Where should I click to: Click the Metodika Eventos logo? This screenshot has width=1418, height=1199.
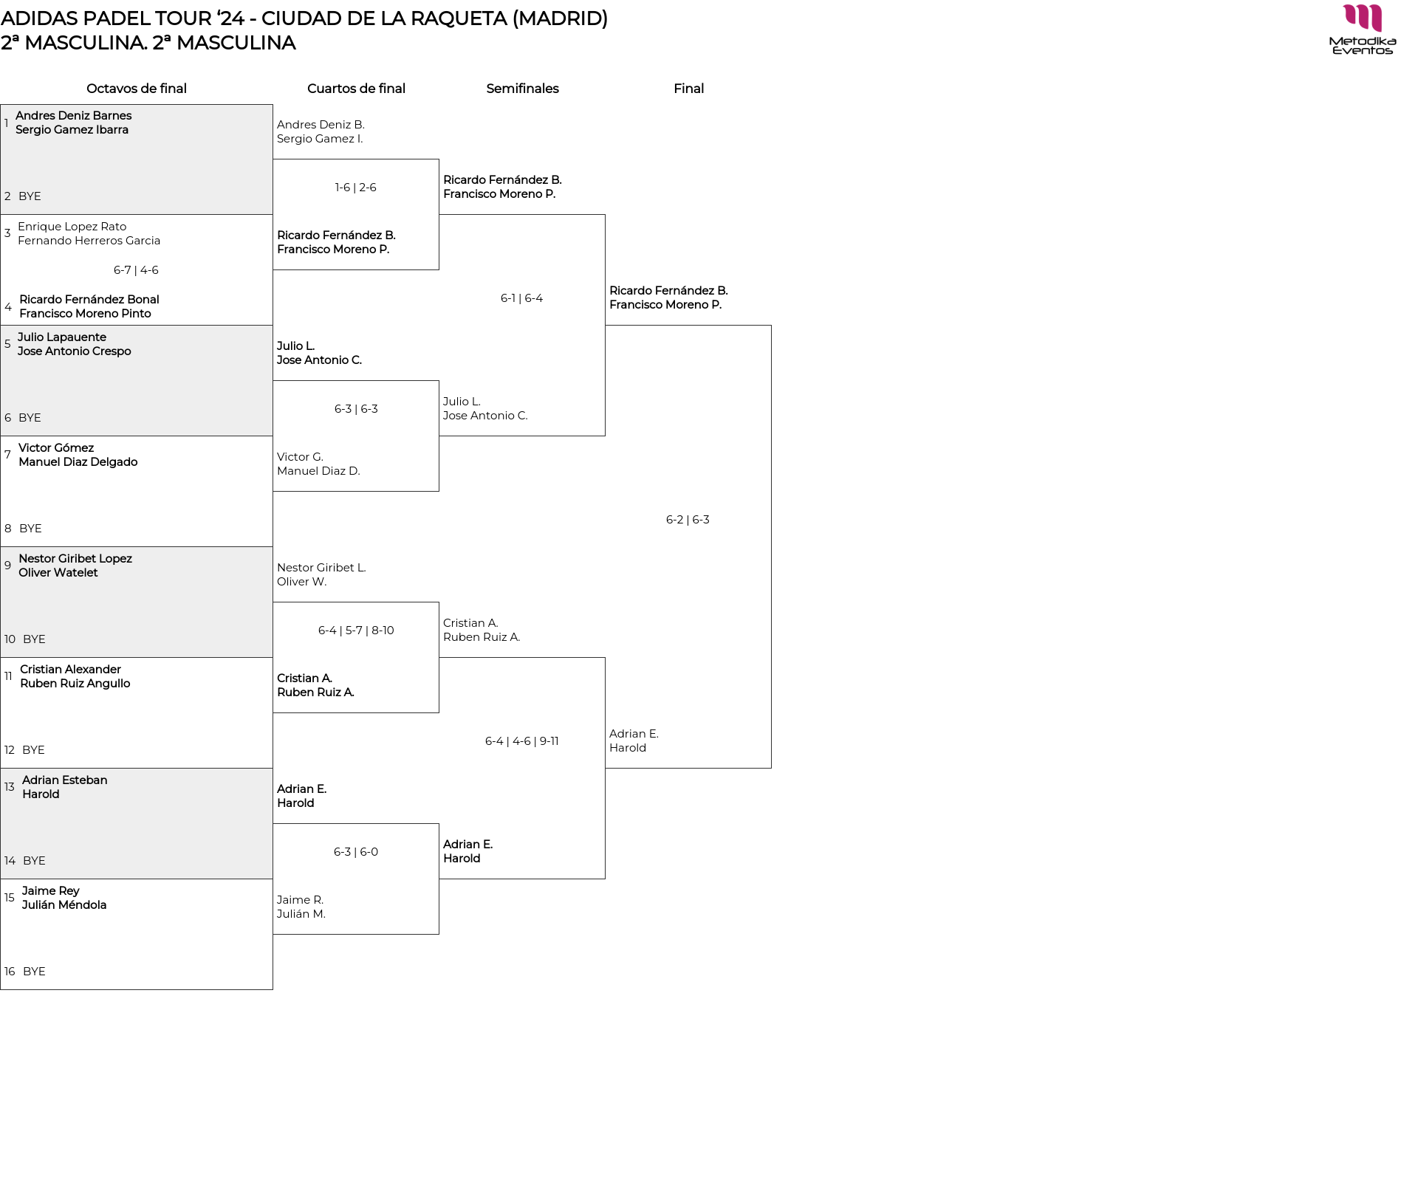pyautogui.click(x=1362, y=30)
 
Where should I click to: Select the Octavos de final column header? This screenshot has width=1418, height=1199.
pyautogui.click(x=137, y=89)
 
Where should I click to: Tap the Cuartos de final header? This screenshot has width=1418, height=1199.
pyautogui.click(x=356, y=89)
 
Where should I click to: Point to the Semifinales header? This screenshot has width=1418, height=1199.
pyautogui.click(x=522, y=89)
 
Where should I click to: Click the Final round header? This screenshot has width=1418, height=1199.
pyautogui.click(x=688, y=89)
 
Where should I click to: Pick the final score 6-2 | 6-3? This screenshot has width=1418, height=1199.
pyautogui.click(x=688, y=520)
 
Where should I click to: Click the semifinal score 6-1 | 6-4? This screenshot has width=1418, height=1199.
pyautogui.click(x=521, y=298)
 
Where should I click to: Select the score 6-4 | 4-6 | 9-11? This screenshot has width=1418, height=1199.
pyautogui.click(x=521, y=741)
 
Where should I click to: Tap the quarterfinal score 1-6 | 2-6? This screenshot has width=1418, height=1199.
pyautogui.click(x=355, y=188)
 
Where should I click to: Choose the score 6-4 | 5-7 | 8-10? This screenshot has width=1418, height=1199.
pyautogui.click(x=356, y=631)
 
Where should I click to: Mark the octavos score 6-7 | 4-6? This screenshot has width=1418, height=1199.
pyautogui.click(x=136, y=270)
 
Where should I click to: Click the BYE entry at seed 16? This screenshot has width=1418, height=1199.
pyautogui.click(x=34, y=972)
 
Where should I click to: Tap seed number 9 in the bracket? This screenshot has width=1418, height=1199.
pyautogui.click(x=7, y=566)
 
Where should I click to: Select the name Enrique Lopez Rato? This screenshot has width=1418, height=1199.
pyautogui.click(x=72, y=227)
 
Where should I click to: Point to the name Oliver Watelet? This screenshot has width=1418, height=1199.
pyautogui.click(x=58, y=573)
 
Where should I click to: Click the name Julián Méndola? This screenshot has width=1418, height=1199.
pyautogui.click(x=64, y=905)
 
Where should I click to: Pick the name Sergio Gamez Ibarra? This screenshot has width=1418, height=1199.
pyautogui.click(x=72, y=130)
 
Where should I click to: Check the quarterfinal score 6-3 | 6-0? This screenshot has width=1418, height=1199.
pyautogui.click(x=355, y=852)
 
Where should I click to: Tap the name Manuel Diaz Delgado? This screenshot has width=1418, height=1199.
pyautogui.click(x=78, y=462)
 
